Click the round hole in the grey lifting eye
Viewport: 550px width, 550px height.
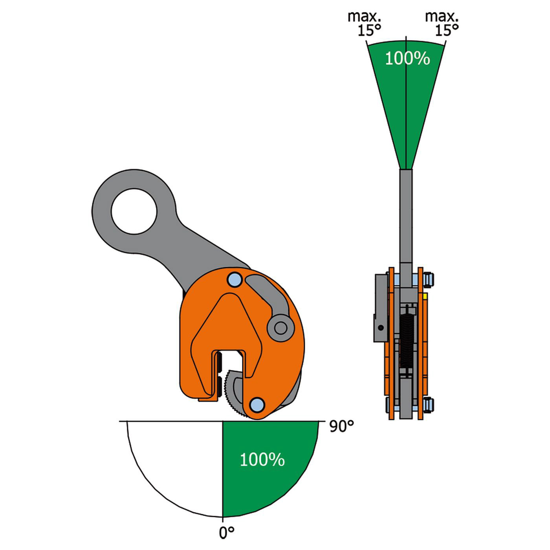click(134, 211)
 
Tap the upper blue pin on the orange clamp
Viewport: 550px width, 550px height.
click(235, 280)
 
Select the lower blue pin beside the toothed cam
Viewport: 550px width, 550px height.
click(257, 404)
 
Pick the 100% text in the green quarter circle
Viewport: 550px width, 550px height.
click(262, 459)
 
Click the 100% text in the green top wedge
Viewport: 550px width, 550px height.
click(407, 59)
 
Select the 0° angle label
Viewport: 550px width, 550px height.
click(226, 533)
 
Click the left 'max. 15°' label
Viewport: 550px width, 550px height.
click(365, 24)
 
